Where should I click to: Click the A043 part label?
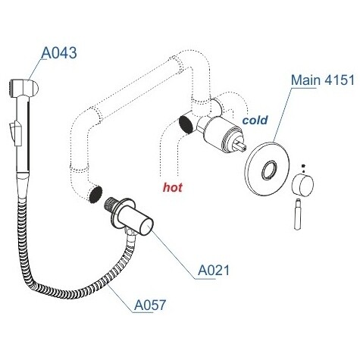[x=59, y=53]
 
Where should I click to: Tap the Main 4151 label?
[x=323, y=80]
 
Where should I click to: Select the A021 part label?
[x=214, y=271]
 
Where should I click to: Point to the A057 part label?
[x=150, y=305]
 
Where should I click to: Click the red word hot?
[x=173, y=187]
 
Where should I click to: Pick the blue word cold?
[x=255, y=120]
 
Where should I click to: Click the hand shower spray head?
[x=23, y=87]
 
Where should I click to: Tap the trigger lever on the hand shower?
[x=15, y=133]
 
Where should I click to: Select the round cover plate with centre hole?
[x=267, y=169]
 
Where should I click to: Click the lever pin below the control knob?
[x=298, y=214]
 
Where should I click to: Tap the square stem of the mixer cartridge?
[x=240, y=146]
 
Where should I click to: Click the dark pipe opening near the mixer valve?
[x=186, y=124]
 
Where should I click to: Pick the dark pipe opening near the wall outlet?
[x=96, y=195]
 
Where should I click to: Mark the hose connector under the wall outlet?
[x=130, y=233]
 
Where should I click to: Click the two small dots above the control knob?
[x=303, y=168]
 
